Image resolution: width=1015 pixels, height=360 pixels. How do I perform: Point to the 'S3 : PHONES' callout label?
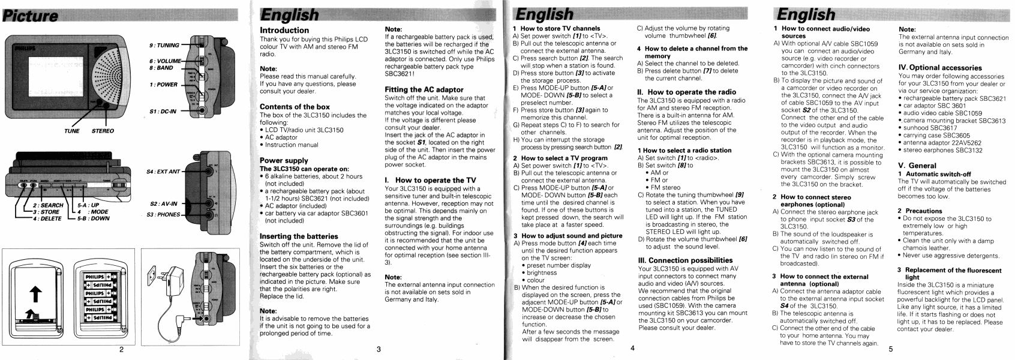pyautogui.click(x=164, y=214)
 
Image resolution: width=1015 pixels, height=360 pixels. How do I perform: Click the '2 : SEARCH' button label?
pyautogui.click(x=48, y=205)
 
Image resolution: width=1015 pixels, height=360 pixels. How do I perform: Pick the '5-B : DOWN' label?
pyautogui.click(x=93, y=218)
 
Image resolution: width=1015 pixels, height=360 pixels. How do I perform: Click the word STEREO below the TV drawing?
pyautogui.click(x=103, y=131)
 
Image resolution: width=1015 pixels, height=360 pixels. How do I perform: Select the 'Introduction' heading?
pyautogui.click(x=284, y=30)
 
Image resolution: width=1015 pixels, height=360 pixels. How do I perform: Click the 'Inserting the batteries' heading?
pyautogui.click(x=299, y=236)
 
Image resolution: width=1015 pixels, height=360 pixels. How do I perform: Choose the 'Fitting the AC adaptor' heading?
pyautogui.click(x=424, y=89)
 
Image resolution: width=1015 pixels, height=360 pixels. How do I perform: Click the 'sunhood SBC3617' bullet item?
pyautogui.click(x=929, y=128)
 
